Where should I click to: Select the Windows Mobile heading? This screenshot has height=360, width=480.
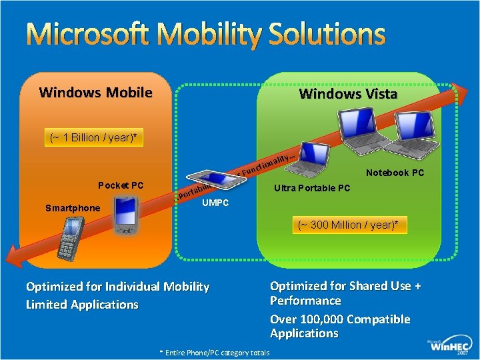(95, 93)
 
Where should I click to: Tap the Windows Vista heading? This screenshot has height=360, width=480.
(348, 94)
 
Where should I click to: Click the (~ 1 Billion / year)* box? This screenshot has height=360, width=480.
(94, 138)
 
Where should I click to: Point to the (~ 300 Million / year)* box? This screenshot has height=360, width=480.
(352, 225)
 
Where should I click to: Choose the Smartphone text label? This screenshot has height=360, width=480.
(73, 208)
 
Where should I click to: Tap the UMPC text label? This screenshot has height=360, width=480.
(215, 203)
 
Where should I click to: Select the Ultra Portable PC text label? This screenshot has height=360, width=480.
(312, 188)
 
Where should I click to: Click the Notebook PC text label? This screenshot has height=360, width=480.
(395, 173)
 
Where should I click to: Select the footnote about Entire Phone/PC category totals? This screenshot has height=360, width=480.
(214, 353)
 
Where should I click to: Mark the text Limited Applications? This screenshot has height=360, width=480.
(82, 305)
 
